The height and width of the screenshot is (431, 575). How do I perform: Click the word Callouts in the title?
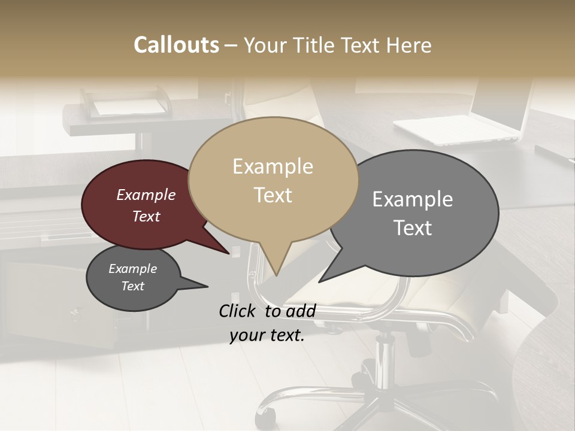point(176,45)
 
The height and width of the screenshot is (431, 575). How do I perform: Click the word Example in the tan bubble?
point(273,166)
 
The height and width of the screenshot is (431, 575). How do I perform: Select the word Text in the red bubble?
point(146,217)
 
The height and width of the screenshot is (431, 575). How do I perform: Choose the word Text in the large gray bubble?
point(413,228)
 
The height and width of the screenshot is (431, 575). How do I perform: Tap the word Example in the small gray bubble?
point(132,269)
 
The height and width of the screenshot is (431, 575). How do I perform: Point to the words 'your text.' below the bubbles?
point(267,335)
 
